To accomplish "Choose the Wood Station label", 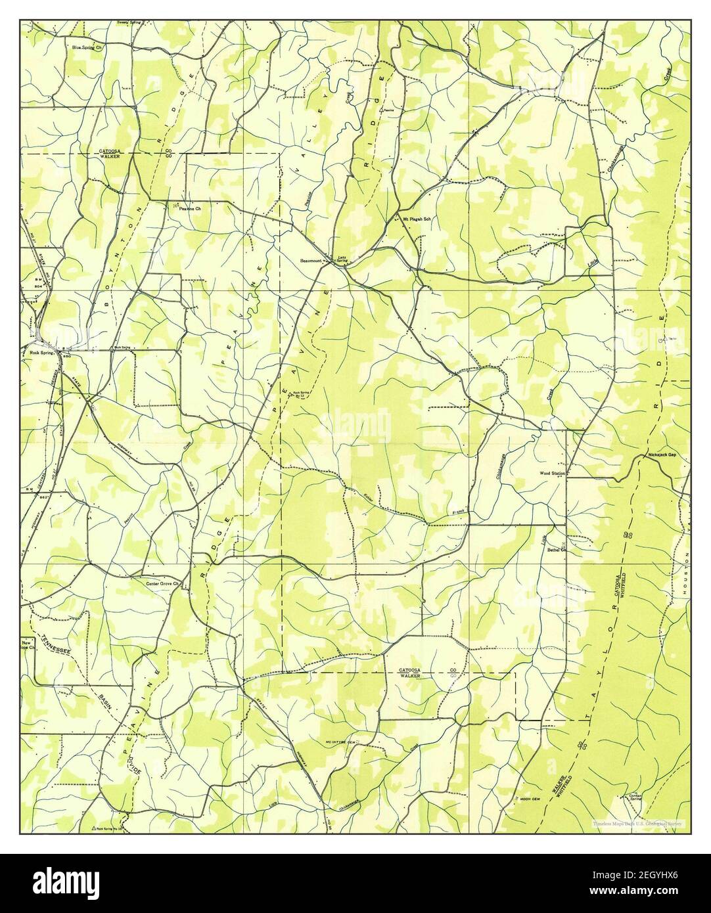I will click(x=552, y=472).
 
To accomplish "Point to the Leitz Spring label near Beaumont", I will click(x=342, y=259).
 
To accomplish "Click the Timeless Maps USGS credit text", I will click(x=636, y=822).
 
